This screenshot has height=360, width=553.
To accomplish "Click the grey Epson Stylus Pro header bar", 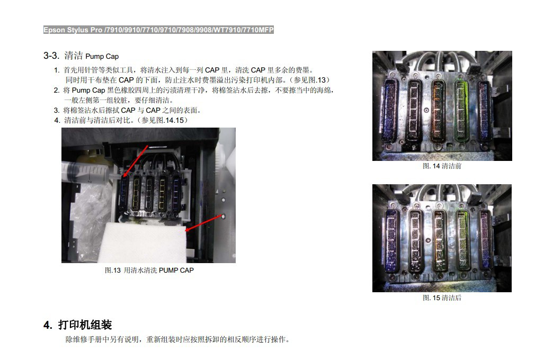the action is point(158,30).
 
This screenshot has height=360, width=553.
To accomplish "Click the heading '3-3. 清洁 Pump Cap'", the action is point(81,56).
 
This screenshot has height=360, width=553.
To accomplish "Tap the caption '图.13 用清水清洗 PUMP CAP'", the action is point(149,270).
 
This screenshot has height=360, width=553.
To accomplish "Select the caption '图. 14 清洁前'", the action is point(442,166).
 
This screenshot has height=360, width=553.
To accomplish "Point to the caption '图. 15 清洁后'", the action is point(442,298).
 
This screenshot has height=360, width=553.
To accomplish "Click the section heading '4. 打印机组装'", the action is point(77,325).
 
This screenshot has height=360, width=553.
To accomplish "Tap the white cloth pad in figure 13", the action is point(143,241).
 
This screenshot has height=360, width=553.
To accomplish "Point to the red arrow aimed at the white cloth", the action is point(204,223).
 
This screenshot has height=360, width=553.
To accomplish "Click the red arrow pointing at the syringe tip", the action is point(135,161).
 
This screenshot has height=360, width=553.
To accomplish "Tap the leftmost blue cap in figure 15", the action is point(391,240).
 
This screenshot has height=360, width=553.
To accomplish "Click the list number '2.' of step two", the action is point(57,90).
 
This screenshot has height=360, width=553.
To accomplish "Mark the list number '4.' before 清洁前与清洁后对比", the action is point(57,120).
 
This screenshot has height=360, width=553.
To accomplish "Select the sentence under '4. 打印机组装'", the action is point(178,339).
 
